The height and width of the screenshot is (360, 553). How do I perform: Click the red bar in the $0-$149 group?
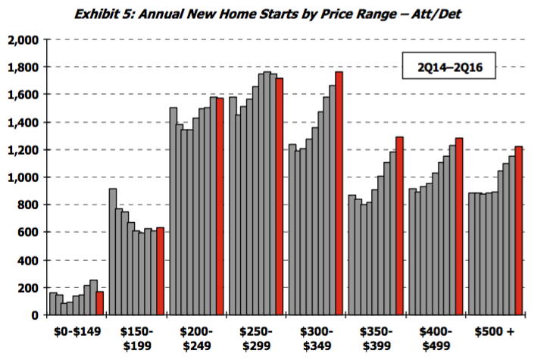pyautogui.click(x=100, y=303)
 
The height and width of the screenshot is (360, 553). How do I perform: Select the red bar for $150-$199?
pyautogui.click(x=160, y=271)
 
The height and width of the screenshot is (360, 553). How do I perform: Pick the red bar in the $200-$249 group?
pyautogui.click(x=220, y=206)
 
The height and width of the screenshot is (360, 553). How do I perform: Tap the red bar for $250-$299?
pyautogui.click(x=280, y=196)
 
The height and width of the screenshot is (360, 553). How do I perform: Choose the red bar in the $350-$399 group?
pyautogui.click(x=399, y=226)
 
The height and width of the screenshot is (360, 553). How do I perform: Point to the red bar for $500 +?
pyautogui.click(x=518, y=230)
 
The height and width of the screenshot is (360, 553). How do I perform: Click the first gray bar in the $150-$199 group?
pyautogui.click(x=113, y=252)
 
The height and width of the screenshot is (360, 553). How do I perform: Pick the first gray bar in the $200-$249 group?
pyautogui.click(x=173, y=211)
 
